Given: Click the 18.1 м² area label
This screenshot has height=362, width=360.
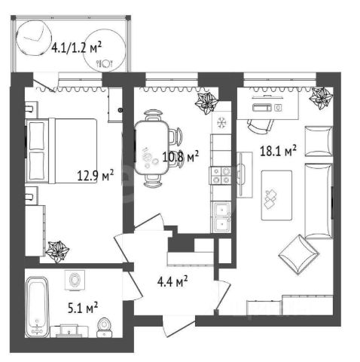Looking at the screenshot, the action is [278, 151].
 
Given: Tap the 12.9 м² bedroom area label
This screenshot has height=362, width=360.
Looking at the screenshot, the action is [96, 175].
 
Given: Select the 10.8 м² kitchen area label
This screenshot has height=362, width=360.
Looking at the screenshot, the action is [181, 157].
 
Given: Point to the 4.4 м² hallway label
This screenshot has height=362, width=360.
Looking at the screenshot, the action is [172, 281].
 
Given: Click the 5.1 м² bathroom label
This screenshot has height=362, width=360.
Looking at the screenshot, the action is [83, 308].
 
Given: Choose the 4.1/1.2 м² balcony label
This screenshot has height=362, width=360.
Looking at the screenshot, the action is [76, 48].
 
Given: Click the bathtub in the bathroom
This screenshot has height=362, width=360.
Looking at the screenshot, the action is [37, 307].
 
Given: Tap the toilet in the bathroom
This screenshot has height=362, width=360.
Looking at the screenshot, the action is [105, 327].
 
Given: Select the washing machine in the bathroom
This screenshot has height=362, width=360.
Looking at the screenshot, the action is [75, 280].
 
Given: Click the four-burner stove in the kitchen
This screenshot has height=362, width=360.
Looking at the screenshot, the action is [221, 176].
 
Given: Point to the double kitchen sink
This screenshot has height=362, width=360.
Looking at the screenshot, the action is [221, 216].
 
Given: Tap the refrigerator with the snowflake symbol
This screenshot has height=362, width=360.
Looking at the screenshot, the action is [221, 123].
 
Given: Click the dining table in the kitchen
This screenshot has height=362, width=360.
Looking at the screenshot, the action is [151, 148].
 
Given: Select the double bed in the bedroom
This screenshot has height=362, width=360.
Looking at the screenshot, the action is [62, 151].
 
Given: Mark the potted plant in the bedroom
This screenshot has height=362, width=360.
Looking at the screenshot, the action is [57, 251].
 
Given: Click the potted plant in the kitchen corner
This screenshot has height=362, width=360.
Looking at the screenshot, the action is [206, 103].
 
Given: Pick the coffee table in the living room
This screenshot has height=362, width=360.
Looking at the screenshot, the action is [276, 195].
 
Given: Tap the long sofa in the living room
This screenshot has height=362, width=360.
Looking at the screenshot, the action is [319, 201].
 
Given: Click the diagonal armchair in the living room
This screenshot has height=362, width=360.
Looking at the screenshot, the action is [299, 254].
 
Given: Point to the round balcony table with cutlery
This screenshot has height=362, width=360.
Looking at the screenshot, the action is [104, 51].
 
